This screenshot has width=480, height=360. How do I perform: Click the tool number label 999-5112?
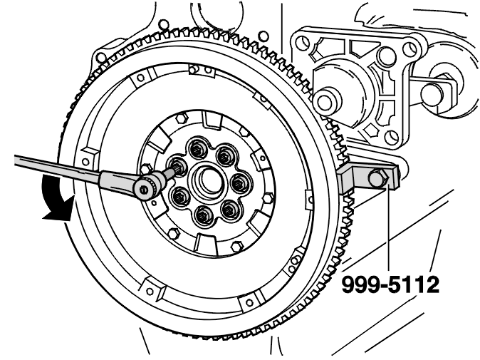coord(390,284)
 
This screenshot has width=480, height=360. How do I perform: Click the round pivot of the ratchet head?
coord(144,189)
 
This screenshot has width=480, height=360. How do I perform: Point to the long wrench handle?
coord(58,167)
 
